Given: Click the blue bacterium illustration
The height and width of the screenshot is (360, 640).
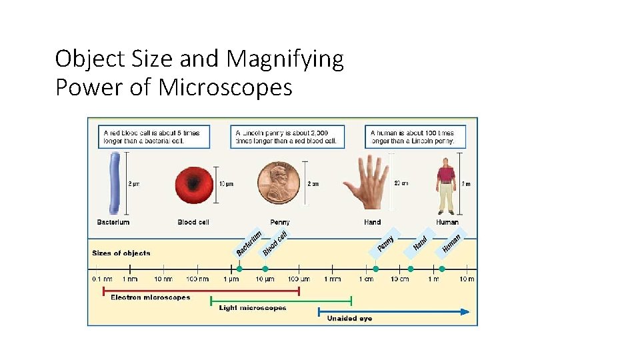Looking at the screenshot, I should (x=115, y=183).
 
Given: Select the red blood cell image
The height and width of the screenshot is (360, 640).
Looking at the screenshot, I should (x=194, y=184).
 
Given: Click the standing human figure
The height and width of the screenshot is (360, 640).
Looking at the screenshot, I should (x=446, y=185).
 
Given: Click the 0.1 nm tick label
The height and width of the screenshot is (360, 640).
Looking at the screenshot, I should (x=103, y=279).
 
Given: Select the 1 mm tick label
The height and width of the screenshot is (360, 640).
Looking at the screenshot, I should (x=333, y=279).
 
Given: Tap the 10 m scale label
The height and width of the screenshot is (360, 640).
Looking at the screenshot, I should (x=467, y=279).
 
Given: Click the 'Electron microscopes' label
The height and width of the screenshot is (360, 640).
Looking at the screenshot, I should (x=150, y=297).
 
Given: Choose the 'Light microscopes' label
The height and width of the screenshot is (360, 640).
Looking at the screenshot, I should (x=253, y=308).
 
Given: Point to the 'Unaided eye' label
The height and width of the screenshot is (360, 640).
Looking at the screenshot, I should (x=349, y=319).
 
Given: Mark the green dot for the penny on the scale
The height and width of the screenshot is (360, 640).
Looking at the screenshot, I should (x=376, y=269).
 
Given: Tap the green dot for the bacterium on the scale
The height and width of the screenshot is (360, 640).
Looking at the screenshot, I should (x=239, y=269).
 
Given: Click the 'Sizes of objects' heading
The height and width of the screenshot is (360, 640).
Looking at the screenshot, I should (x=121, y=253).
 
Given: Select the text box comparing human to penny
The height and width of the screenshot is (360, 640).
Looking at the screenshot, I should (x=415, y=137).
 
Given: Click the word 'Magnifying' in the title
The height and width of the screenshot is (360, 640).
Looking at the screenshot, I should (x=285, y=59).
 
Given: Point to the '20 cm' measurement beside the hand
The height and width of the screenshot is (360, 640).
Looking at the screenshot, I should (x=401, y=183).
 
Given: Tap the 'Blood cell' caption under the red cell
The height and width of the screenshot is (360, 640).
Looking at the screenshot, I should (x=193, y=222).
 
